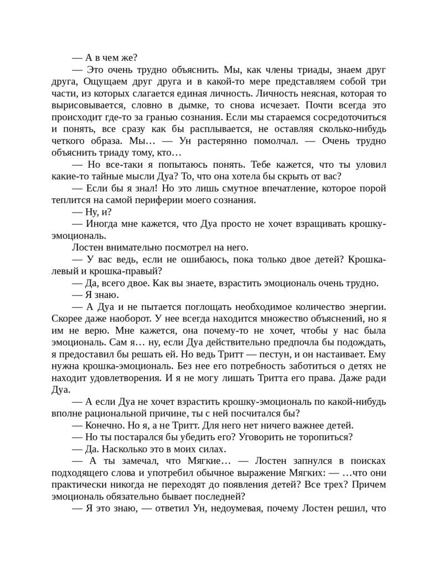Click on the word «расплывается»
click(194, 130)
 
